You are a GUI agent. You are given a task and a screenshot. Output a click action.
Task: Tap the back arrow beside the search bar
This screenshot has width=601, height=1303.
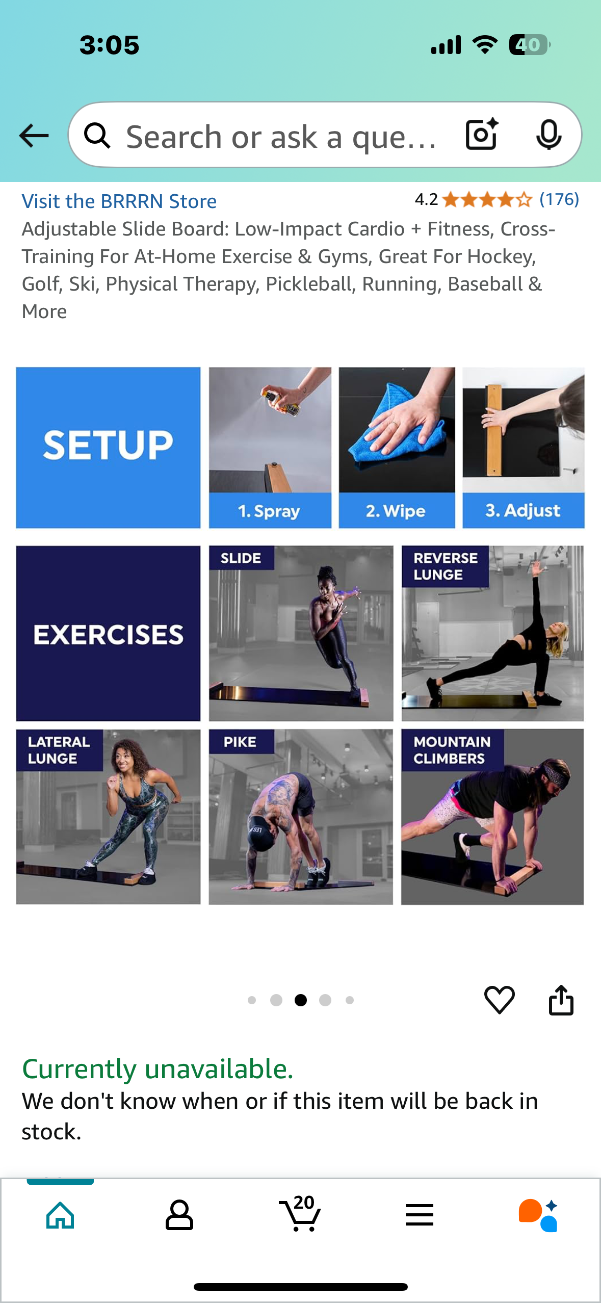pyautogui.click(x=34, y=136)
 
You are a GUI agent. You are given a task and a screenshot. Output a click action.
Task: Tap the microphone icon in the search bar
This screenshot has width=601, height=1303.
pyautogui.click(x=549, y=135)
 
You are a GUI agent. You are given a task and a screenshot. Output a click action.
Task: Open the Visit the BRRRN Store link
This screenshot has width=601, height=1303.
pyautogui.click(x=119, y=201)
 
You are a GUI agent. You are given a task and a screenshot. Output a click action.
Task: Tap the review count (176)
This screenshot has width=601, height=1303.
pyautogui.click(x=559, y=199)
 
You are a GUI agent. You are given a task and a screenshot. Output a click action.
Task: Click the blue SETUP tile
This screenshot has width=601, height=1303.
pyautogui.click(x=108, y=448)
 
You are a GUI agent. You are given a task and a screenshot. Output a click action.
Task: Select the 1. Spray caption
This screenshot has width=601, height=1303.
pyautogui.click(x=269, y=511)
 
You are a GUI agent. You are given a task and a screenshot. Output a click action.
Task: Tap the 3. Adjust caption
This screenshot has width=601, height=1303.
pyautogui.click(x=522, y=510)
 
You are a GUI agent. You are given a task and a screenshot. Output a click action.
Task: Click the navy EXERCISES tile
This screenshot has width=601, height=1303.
pyautogui.click(x=108, y=634)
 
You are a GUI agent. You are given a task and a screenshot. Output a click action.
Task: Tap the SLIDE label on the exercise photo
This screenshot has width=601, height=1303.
pyautogui.click(x=241, y=558)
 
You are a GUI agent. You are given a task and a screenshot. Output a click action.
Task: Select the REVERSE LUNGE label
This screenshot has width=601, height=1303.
pyautogui.click(x=445, y=566)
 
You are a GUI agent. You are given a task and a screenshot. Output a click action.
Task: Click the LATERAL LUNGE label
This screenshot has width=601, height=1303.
pyautogui.click(x=59, y=750)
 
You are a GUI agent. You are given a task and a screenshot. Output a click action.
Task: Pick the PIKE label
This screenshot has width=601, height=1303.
pyautogui.click(x=240, y=742)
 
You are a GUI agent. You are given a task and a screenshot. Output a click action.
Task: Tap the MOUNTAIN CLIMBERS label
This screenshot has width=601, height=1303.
pyautogui.click(x=452, y=750)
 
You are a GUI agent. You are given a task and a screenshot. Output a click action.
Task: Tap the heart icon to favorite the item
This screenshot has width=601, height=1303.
pyautogui.click(x=499, y=1000)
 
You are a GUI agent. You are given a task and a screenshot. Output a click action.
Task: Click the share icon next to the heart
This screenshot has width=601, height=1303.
pyautogui.click(x=561, y=1000)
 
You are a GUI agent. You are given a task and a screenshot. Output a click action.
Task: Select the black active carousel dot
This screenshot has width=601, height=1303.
pyautogui.click(x=301, y=1000)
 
